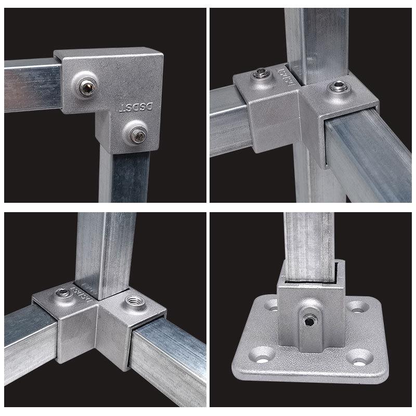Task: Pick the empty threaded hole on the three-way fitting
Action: pos(130,302)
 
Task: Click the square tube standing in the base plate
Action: pos(309,239)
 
